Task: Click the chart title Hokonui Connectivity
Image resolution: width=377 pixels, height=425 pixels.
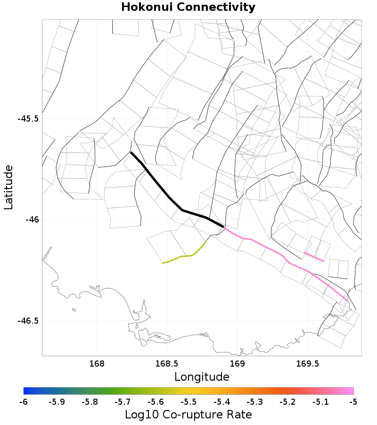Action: pos(188,8)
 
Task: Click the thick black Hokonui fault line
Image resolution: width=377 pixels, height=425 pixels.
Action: pos(169,198)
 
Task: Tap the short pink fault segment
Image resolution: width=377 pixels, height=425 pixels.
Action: pos(314,257)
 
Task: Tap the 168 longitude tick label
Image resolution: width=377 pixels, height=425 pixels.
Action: pos(97,364)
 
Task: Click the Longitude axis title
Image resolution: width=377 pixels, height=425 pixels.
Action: pos(202,377)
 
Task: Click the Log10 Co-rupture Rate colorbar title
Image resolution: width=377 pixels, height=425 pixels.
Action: pos(188,415)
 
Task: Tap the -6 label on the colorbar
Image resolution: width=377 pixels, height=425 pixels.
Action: pos(24,402)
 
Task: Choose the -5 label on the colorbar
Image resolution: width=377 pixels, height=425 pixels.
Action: pos(353,402)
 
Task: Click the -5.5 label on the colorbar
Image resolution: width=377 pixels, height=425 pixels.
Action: pos(188,402)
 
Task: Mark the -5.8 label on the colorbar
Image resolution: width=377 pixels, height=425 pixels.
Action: pos(90,402)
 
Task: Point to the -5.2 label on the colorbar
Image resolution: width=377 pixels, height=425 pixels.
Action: pos(287,402)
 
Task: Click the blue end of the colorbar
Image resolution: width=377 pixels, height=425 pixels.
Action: pos(26,391)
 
